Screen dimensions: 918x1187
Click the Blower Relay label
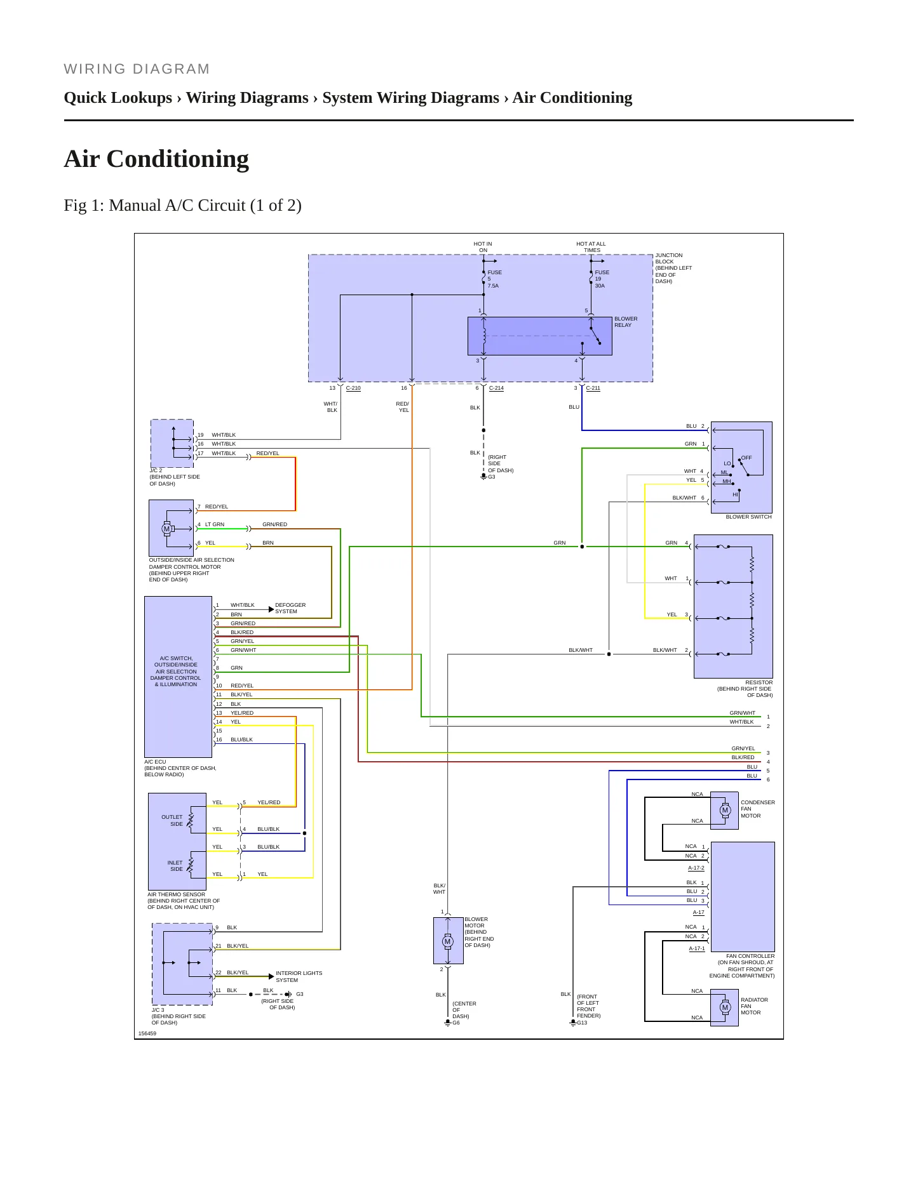(x=626, y=322)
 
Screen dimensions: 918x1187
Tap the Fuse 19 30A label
(x=602, y=279)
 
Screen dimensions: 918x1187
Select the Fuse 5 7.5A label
(x=494, y=279)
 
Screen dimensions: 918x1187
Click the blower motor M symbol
(x=448, y=941)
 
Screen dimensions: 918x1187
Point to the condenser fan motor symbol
(x=725, y=810)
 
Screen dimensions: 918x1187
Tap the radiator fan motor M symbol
(x=725, y=1007)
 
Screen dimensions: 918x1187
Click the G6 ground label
(x=456, y=1023)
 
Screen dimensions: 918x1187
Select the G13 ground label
(x=582, y=1023)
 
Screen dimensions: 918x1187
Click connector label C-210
(x=353, y=388)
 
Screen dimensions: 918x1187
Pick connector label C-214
(x=496, y=388)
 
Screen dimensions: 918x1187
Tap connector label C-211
(x=593, y=388)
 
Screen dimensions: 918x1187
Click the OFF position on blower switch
(x=746, y=458)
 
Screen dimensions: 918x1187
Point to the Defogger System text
(x=290, y=608)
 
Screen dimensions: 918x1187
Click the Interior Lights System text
(x=299, y=976)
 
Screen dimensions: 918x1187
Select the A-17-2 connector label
(x=696, y=868)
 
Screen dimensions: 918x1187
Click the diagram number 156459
(x=147, y=1033)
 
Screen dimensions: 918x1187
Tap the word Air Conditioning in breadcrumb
(x=572, y=98)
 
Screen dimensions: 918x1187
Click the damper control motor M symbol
(x=167, y=529)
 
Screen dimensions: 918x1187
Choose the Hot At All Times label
(x=591, y=247)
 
